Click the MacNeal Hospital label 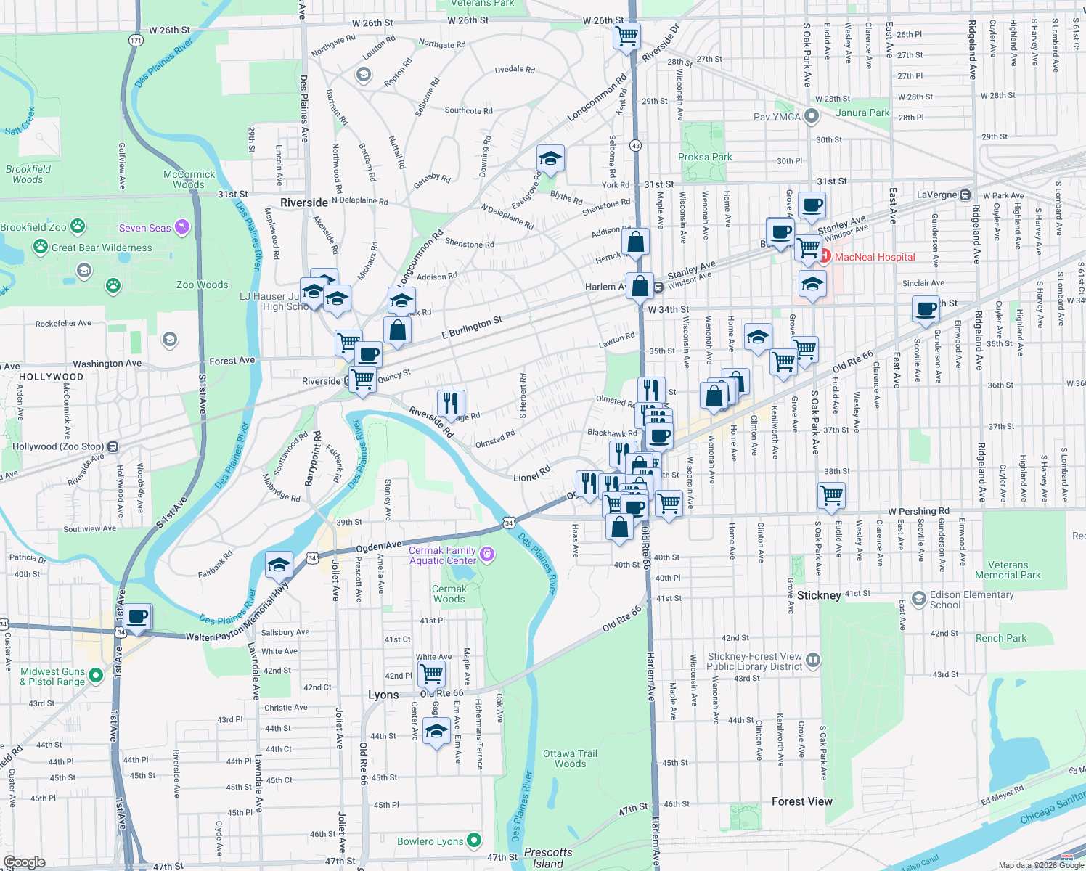click(874, 257)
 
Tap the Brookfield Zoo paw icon click(77, 227)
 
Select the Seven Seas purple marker click(182, 227)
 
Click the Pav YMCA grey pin click(812, 116)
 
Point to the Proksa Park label click(705, 157)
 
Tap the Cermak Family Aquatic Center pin click(487, 555)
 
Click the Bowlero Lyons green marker click(474, 841)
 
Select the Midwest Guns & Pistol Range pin click(95, 680)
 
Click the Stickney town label click(818, 595)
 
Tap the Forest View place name click(801, 801)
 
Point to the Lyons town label click(383, 695)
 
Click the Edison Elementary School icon click(919, 599)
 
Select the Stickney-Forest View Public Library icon click(813, 660)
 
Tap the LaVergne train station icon click(965, 195)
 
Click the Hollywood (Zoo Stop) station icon click(113, 446)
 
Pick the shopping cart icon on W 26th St click(626, 35)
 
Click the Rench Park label click(1000, 638)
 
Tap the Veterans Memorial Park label click(1008, 570)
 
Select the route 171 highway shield click(136, 41)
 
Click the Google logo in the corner click(25, 862)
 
